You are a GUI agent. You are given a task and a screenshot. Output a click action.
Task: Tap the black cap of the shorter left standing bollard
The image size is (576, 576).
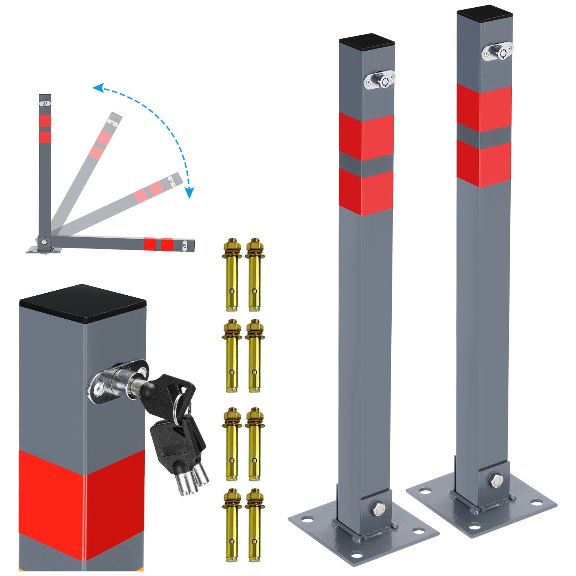(x=367, y=42)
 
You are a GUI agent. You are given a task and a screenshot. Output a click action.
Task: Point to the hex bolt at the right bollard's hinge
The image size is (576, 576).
(x=496, y=480)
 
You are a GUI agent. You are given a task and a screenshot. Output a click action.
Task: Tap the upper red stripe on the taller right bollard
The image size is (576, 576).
(x=484, y=104)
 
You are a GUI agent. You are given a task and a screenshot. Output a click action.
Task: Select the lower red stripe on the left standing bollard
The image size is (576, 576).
(x=366, y=191)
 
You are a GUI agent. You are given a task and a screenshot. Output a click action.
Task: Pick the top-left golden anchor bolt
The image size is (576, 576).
(x=232, y=274)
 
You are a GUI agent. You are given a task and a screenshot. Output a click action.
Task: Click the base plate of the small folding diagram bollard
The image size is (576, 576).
(x=43, y=249)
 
